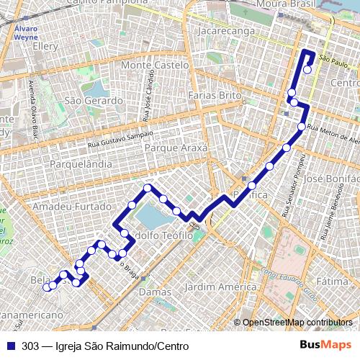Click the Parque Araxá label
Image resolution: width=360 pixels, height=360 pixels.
pyautogui.click(x=176, y=147)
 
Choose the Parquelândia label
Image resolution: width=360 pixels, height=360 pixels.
pyautogui.click(x=81, y=165)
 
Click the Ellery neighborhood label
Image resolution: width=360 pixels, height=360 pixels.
pyautogui.click(x=45, y=45)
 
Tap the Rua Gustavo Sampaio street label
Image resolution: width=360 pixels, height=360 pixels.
pyautogui.click(x=120, y=136)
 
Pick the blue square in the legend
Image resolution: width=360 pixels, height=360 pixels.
pyautogui.click(x=12, y=346)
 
